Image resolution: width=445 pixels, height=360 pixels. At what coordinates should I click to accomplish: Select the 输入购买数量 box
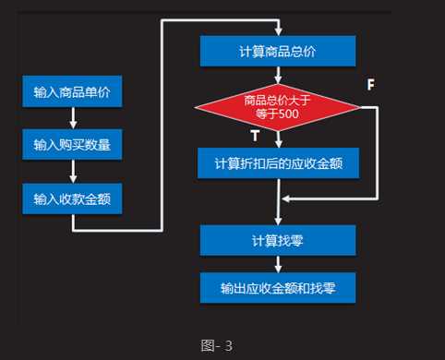(x=72, y=145)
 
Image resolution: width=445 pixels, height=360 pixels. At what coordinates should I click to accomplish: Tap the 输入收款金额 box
(x=72, y=198)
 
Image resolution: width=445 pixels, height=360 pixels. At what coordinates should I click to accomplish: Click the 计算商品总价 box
(x=278, y=52)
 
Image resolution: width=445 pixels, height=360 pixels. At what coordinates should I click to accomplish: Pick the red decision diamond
(x=278, y=107)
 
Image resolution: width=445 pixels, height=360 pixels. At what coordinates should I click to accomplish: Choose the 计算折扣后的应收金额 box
(x=278, y=163)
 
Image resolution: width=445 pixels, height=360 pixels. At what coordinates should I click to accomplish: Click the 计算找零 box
(x=278, y=241)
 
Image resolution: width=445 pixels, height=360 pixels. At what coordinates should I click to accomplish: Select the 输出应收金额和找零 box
(x=278, y=288)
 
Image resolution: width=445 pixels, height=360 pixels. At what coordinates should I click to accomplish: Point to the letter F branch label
(x=370, y=85)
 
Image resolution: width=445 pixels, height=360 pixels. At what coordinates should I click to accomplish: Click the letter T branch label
(x=255, y=136)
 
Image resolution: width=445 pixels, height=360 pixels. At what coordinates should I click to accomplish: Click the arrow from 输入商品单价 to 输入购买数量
(x=72, y=118)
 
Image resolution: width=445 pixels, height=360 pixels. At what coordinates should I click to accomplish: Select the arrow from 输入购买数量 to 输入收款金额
(x=72, y=172)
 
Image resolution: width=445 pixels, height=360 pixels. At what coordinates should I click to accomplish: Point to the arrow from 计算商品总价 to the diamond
(x=278, y=76)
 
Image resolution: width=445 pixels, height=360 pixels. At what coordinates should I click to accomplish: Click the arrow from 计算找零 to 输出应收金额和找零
(x=278, y=264)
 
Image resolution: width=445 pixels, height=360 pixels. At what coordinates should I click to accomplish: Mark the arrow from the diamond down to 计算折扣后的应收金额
(x=278, y=139)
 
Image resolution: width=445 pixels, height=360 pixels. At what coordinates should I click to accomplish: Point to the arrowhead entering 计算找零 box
(x=278, y=222)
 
